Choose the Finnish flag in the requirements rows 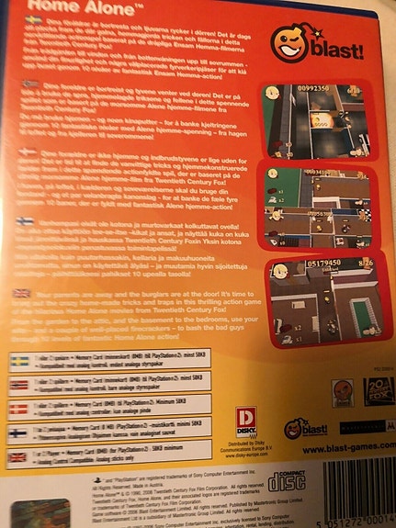point(18,432)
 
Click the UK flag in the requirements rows point(18,456)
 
